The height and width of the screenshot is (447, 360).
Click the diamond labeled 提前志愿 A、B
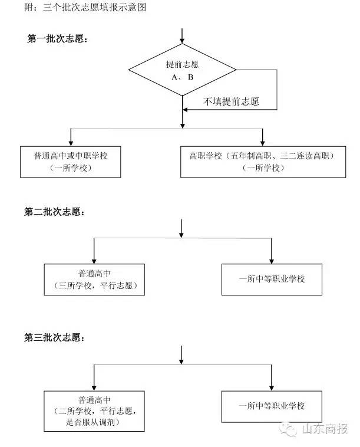pos(182,70)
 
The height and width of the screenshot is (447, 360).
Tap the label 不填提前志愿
pos(232,101)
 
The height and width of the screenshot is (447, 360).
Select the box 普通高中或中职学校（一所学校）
pos(71,162)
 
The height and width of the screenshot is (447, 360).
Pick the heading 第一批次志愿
pos(58,38)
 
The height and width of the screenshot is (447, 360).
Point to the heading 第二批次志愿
pos(54,211)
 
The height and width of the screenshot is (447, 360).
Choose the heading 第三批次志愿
pos(54,338)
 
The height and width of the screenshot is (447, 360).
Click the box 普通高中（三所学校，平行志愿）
pos(94,279)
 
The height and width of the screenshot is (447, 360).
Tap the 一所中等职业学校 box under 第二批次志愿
pos(272,279)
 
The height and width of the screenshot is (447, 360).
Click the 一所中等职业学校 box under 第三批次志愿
pos(272,406)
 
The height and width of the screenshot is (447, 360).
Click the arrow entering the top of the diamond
pos(182,37)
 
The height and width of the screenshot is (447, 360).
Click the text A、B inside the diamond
pos(182,77)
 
